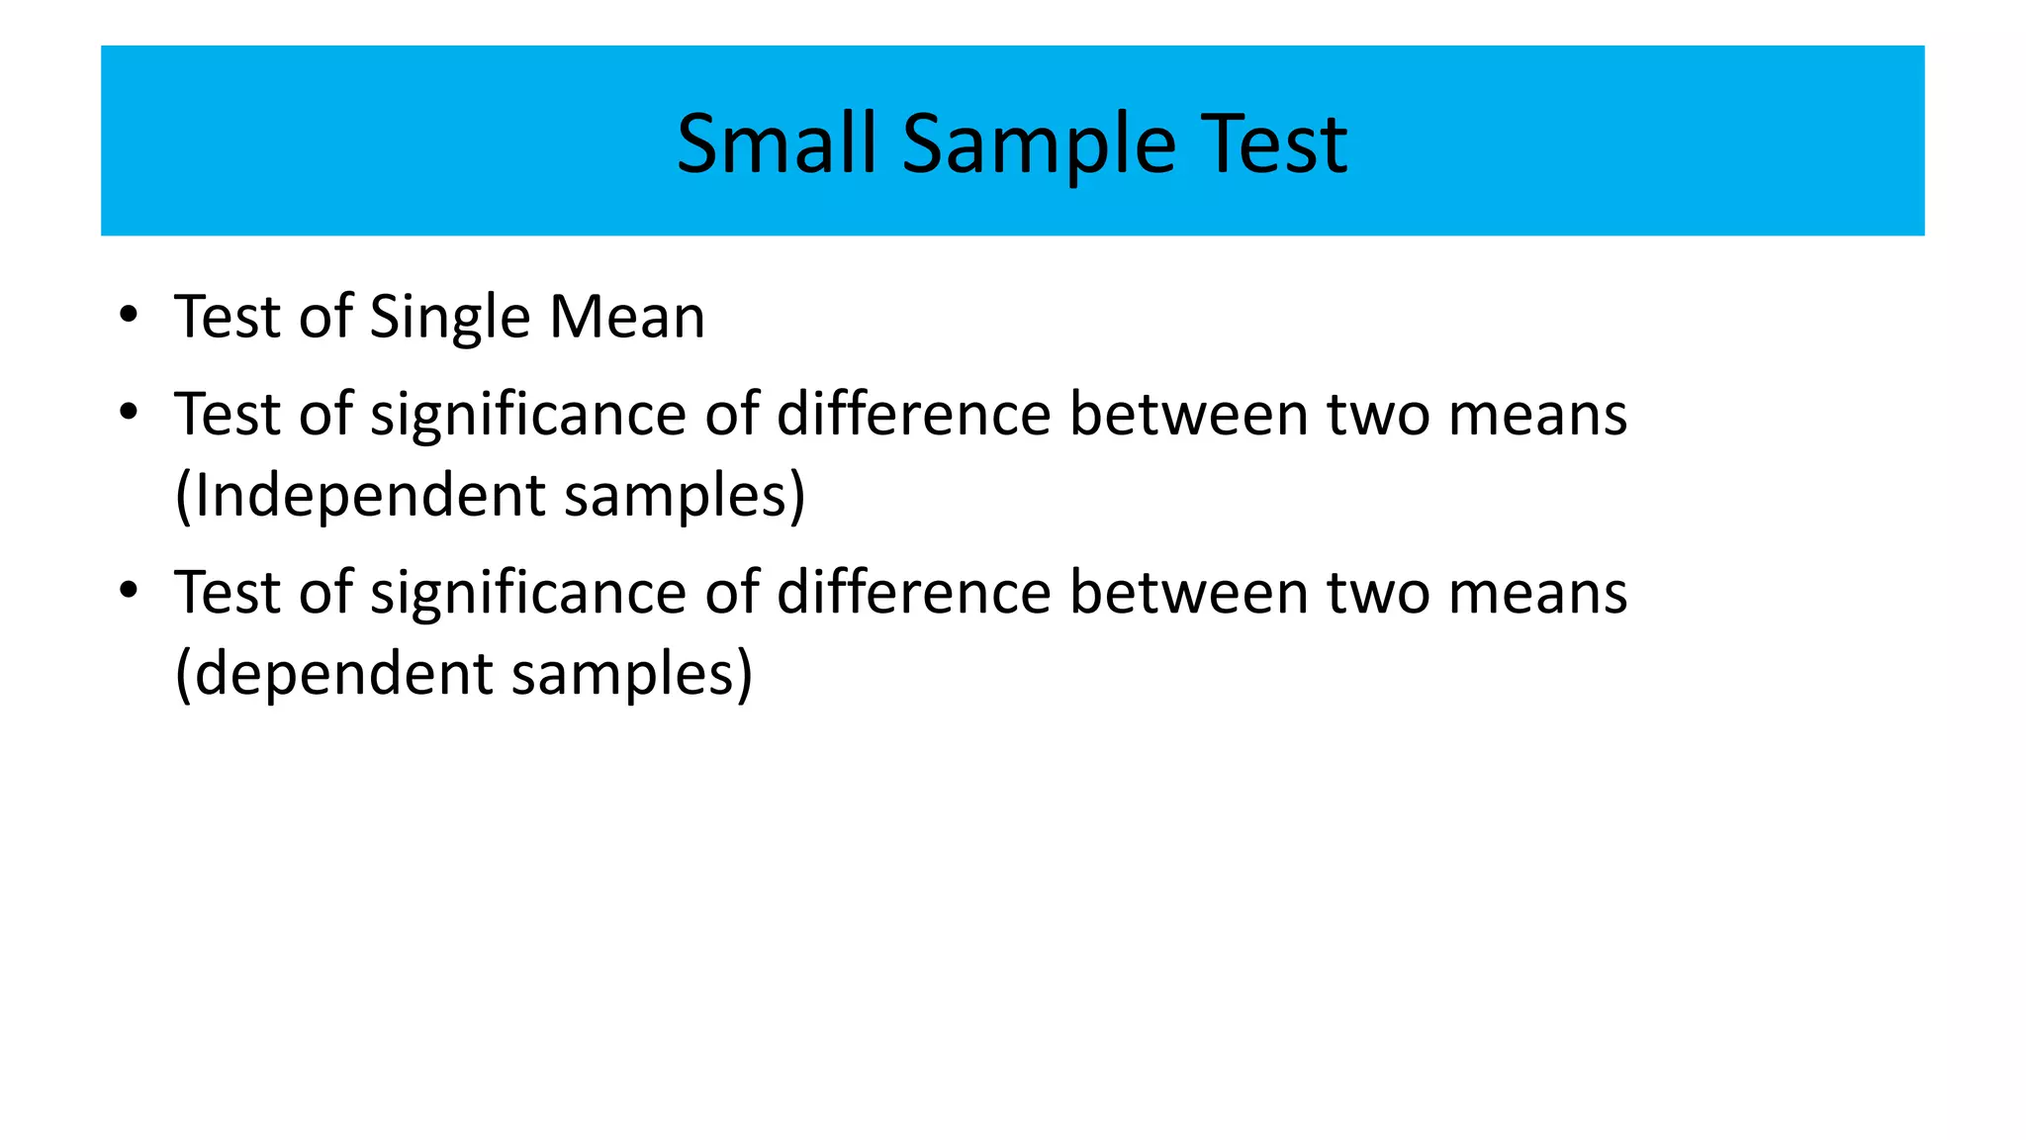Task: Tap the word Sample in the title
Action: pyautogui.click(x=1039, y=144)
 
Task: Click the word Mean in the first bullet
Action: pyautogui.click(x=627, y=318)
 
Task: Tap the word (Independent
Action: pyautogui.click(x=360, y=495)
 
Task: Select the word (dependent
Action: pyautogui.click(x=333, y=674)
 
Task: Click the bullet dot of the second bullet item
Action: pyautogui.click(x=128, y=412)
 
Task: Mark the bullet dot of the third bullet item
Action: pyautogui.click(x=128, y=591)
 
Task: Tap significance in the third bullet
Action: pyautogui.click(x=528, y=593)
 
